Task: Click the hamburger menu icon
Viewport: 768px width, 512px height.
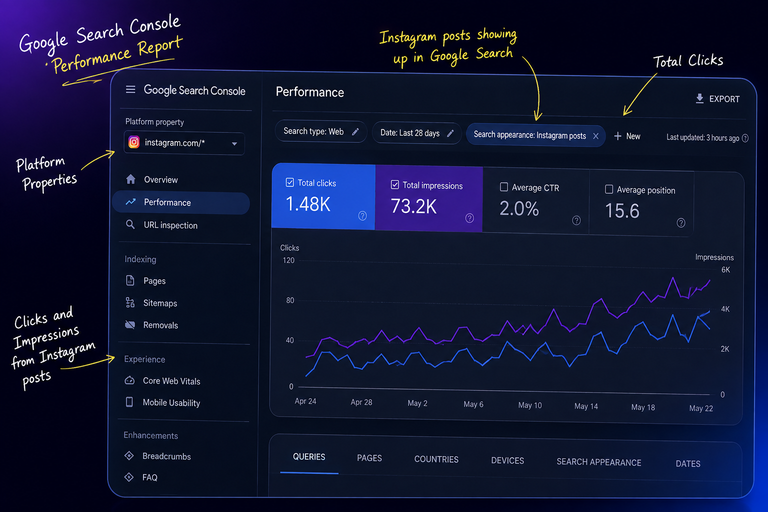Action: pos(130,89)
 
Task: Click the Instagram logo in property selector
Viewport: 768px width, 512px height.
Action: pos(134,142)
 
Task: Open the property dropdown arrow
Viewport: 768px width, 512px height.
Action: pos(234,143)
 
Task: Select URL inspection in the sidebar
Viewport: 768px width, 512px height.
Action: pos(170,225)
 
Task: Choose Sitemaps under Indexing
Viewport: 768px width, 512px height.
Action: pos(160,303)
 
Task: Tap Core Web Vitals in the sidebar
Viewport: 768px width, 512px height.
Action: pos(171,381)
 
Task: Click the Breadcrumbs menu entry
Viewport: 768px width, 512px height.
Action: pos(166,456)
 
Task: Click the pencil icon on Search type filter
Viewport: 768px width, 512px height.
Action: pos(355,131)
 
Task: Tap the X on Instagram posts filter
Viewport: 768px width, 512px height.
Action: pos(596,136)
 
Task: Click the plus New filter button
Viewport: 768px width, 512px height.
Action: pos(627,136)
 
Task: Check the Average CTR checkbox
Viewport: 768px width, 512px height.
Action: pos(503,187)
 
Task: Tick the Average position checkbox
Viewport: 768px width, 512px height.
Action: pos(609,189)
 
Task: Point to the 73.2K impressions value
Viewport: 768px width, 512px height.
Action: pos(413,206)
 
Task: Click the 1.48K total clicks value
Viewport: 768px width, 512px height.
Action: pos(308,204)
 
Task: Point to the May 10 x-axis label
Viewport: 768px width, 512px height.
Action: pos(529,405)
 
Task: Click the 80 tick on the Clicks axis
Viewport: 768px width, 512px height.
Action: pos(290,300)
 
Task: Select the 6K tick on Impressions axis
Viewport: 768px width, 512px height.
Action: pos(725,270)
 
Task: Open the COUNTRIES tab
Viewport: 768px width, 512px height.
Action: pos(436,459)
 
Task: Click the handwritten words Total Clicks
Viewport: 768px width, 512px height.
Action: pos(688,61)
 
